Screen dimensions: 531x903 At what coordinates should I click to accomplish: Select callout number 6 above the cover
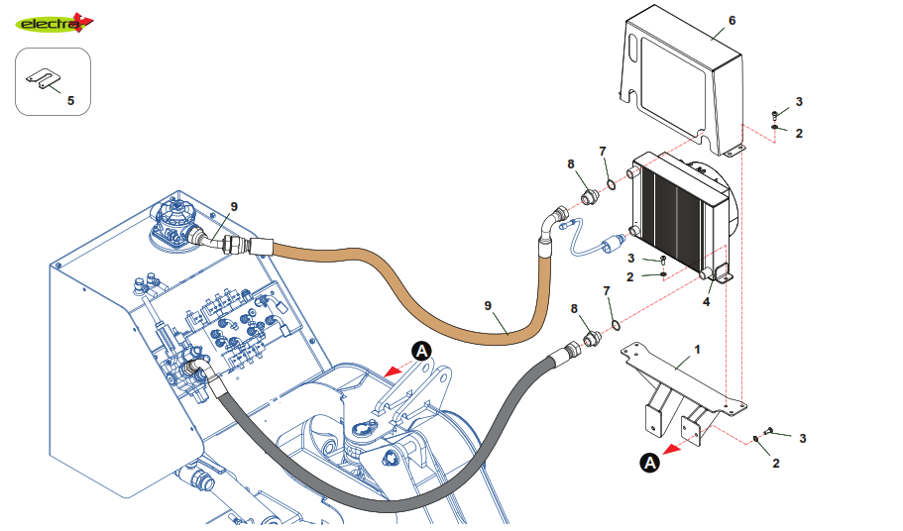732,20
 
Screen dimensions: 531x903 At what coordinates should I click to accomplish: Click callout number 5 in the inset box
69,100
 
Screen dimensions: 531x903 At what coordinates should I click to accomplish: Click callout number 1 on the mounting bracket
697,350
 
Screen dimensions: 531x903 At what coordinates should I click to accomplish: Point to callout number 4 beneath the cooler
706,300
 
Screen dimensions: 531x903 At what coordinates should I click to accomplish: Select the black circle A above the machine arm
421,350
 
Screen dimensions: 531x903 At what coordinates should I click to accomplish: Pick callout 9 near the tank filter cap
234,206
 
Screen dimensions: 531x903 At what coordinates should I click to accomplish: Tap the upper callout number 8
571,163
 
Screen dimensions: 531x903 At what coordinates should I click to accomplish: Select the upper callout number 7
602,151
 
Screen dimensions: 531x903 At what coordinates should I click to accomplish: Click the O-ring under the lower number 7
616,323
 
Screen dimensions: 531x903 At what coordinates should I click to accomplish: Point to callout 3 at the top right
799,101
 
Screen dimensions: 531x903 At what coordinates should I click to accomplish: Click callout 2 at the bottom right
775,463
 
